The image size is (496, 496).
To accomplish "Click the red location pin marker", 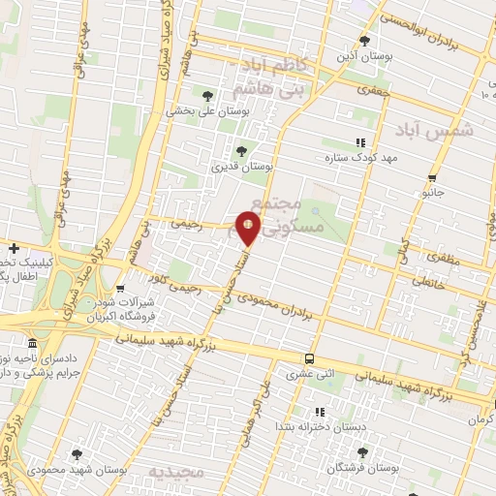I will [249, 227].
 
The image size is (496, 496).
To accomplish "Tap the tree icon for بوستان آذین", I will [364, 40].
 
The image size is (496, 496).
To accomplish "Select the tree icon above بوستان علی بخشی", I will [207, 95].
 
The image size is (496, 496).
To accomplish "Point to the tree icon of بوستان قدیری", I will [242, 150].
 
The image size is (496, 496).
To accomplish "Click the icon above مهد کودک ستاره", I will [361, 142].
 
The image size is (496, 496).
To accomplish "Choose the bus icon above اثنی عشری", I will [309, 356].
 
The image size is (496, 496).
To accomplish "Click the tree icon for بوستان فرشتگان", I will [362, 451].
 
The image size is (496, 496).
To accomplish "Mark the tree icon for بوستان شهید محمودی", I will [77, 452].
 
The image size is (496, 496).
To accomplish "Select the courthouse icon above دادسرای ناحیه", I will [34, 344].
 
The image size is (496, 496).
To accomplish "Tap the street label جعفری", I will [344, 92].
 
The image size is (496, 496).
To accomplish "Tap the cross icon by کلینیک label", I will [14, 248].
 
